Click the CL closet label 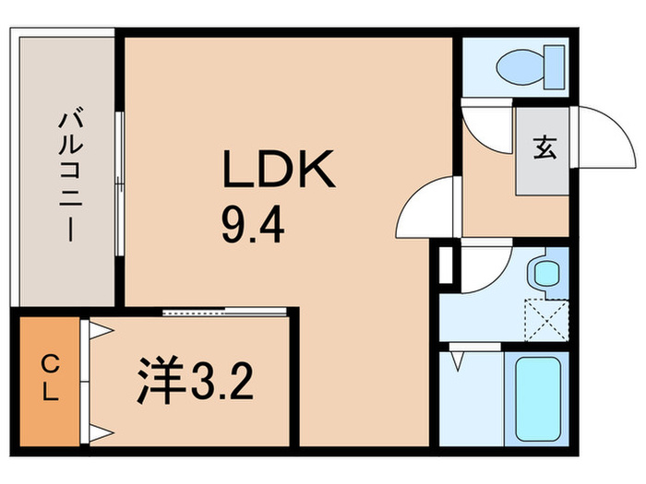50,381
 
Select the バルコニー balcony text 67,175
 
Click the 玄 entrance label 544,148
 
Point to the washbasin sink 546,271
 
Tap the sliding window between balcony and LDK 119,175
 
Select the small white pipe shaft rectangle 446,265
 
